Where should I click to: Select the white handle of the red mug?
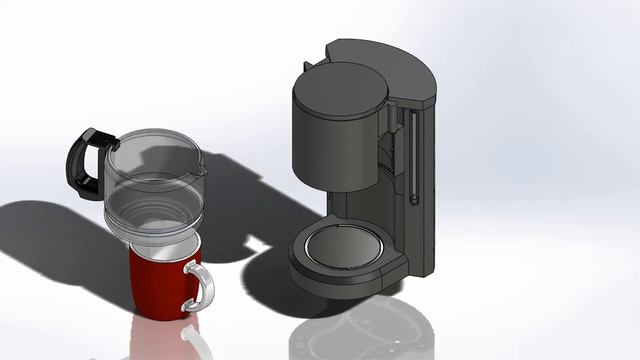point(199,286)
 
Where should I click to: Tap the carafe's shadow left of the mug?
point(60,240)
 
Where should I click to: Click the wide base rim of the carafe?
point(155,225)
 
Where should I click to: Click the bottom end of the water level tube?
point(412,200)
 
